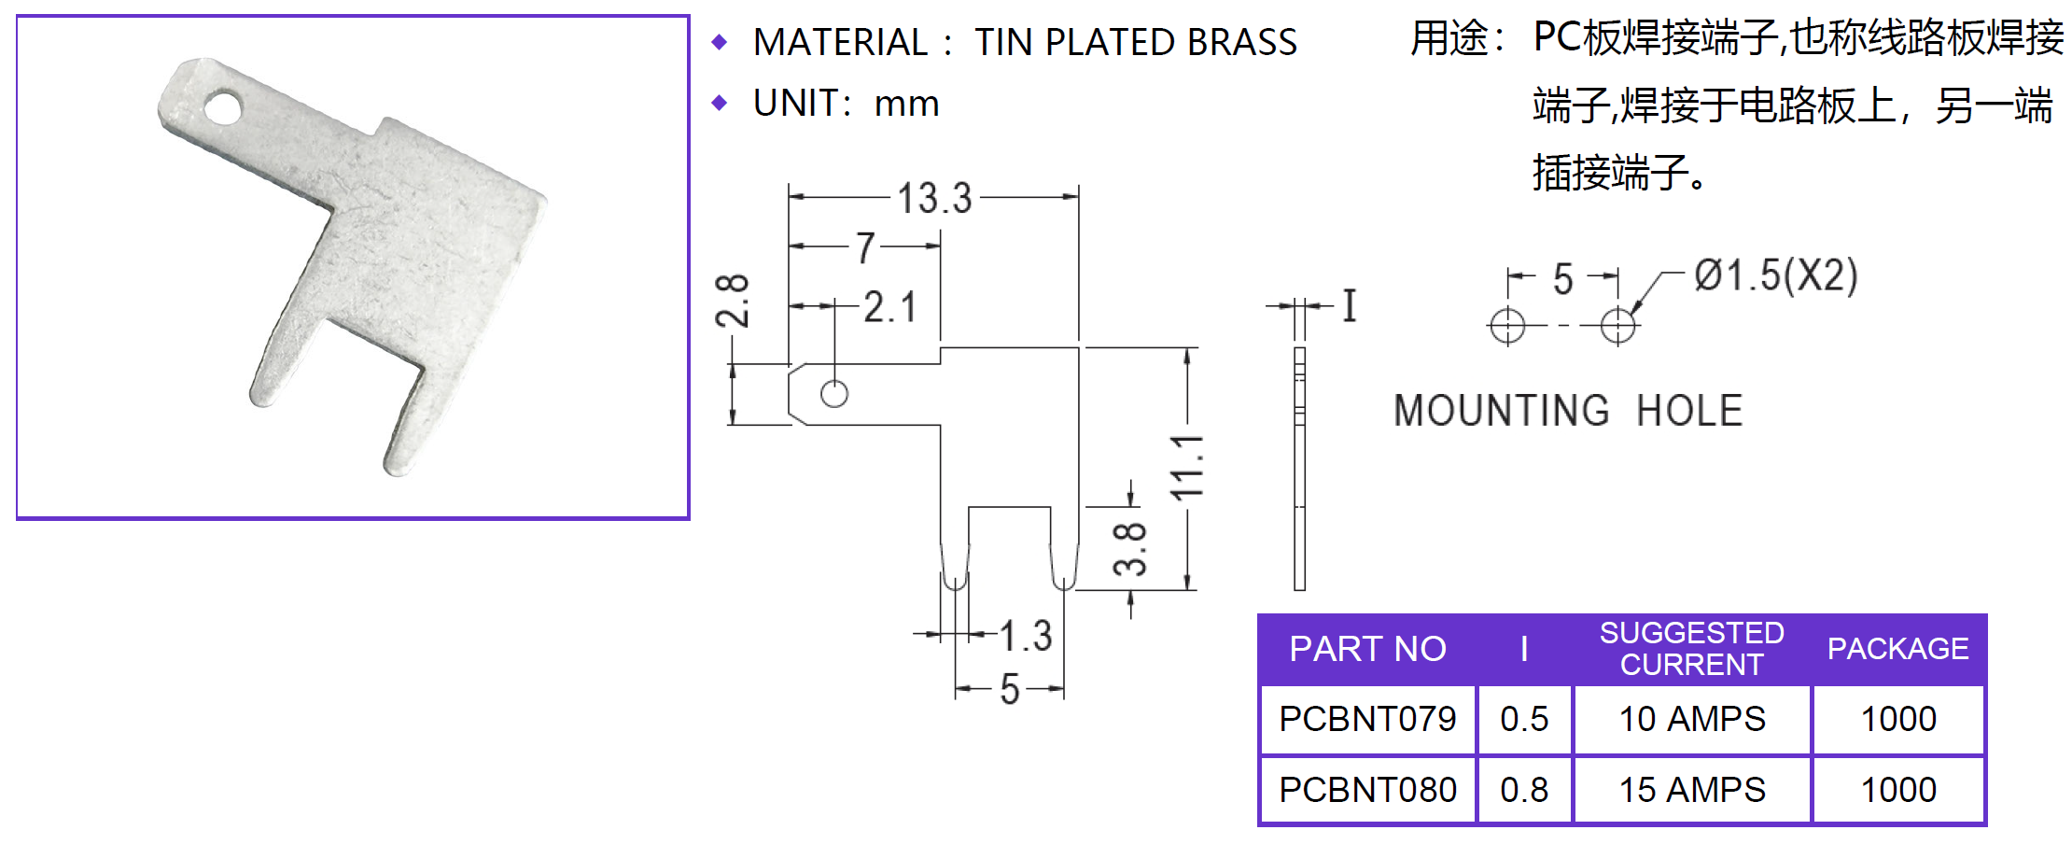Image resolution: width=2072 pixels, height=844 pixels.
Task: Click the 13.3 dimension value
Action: coord(934,198)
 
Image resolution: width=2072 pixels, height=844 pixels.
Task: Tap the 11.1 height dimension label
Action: coord(1187,467)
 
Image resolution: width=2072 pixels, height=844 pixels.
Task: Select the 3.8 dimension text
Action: coord(1129,548)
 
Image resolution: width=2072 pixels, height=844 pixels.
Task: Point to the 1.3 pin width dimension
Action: coord(1026,636)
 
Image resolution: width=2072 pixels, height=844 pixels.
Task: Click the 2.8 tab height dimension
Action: coord(733,301)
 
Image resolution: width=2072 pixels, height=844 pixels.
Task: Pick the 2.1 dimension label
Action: coord(889,306)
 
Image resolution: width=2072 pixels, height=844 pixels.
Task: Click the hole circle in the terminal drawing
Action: coord(834,394)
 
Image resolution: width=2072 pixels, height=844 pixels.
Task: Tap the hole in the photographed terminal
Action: coord(222,107)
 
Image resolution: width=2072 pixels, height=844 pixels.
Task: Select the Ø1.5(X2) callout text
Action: coord(1776,275)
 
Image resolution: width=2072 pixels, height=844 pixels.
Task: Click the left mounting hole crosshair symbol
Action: coord(1507,326)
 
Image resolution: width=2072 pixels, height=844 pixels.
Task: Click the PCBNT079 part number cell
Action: coord(1367,719)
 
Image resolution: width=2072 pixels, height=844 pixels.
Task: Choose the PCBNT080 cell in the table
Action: coord(1367,790)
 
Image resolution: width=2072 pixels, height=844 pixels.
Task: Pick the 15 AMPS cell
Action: coord(1691,790)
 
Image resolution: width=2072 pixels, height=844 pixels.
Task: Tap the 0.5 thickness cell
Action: coord(1524,719)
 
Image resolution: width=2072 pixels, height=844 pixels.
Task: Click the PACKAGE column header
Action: coord(1897,649)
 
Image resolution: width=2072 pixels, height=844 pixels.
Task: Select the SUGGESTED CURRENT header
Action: coord(1691,649)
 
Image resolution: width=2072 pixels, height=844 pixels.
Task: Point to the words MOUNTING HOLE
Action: coord(1568,411)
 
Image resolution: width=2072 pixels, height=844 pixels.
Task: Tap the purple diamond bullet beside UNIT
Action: coord(719,103)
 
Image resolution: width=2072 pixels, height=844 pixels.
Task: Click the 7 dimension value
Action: coord(866,247)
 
